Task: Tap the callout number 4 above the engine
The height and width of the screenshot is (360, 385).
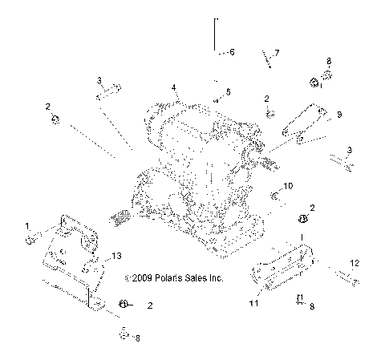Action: (172, 87)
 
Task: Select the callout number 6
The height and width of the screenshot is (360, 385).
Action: (232, 52)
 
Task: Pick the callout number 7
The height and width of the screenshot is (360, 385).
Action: (277, 53)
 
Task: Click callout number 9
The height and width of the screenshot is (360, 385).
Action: (338, 115)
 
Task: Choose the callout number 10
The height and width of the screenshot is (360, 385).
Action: (290, 186)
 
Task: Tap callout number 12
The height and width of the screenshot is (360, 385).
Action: (353, 263)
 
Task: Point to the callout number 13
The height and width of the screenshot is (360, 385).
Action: (117, 256)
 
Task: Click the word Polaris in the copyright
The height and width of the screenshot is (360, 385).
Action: (167, 278)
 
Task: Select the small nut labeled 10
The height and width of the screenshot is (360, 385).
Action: (274, 196)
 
